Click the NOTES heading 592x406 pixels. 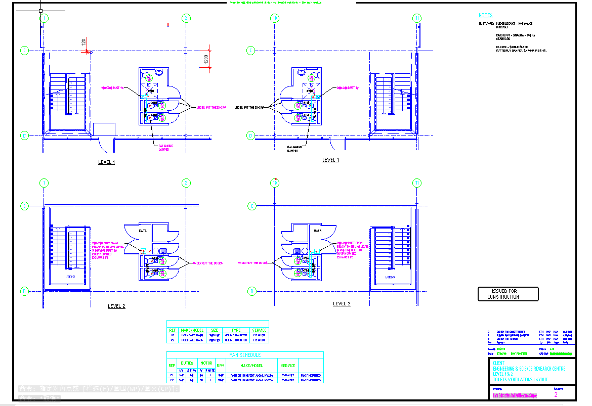click(485, 16)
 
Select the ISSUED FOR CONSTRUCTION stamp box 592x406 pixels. click(508, 294)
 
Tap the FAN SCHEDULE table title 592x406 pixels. click(245, 355)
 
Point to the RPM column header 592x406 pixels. click(221, 365)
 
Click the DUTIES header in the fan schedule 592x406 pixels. click(187, 363)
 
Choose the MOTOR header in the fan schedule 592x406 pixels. click(206, 363)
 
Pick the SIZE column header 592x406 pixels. click(215, 330)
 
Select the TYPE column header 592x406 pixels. click(236, 330)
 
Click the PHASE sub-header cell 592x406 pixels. click(210, 370)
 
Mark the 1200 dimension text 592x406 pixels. click(206, 59)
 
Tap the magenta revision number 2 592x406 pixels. click(556, 395)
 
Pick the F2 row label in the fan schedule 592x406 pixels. click(172, 380)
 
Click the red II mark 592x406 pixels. click(168, 24)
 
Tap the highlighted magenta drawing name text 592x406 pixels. click(515, 395)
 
